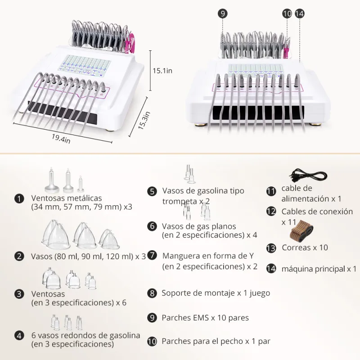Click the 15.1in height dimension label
click(162, 71)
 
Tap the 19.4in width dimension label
click(61, 139)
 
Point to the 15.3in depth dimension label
click(144, 120)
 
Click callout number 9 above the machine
click(222, 13)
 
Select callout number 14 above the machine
click(299, 13)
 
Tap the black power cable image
click(308, 175)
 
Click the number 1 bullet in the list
click(19, 198)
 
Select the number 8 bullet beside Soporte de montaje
click(152, 293)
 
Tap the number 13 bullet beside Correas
click(271, 248)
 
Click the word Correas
click(296, 247)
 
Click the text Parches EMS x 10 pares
click(205, 318)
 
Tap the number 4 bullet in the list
click(19, 336)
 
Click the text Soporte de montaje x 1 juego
click(216, 293)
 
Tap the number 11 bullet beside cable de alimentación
click(271, 191)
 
